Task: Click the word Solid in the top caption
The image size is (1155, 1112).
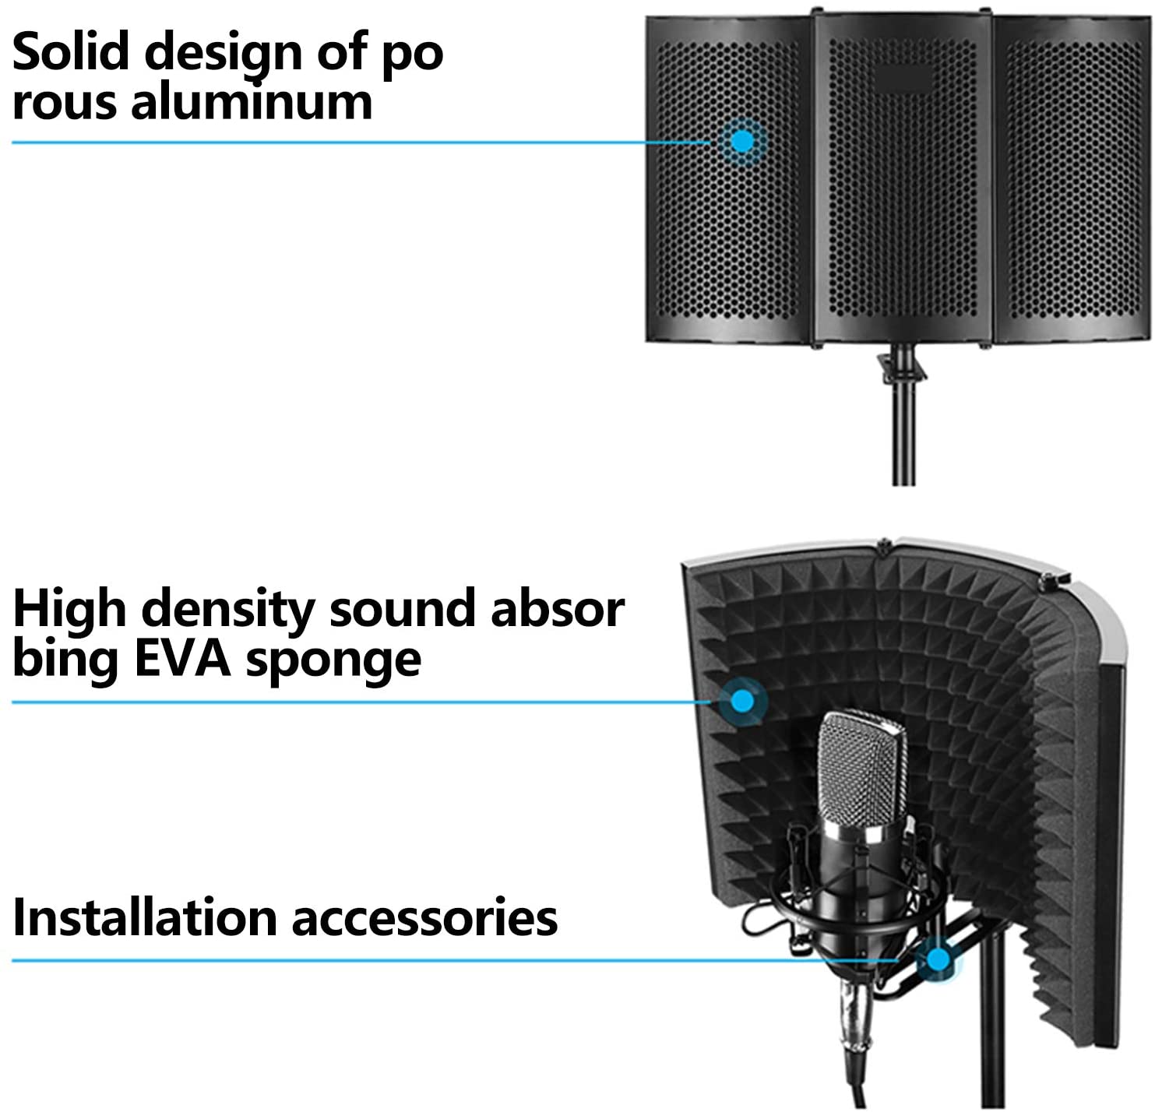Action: click(70, 51)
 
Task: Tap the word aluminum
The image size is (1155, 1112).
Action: click(252, 101)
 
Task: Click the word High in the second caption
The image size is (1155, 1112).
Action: click(69, 610)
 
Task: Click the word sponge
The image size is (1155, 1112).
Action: click(333, 662)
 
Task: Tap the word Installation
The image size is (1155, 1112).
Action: click(145, 917)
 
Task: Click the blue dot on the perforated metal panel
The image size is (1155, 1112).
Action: click(742, 141)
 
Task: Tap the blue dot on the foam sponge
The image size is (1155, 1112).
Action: click(742, 702)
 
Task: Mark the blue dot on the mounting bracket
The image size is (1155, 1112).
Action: click(938, 959)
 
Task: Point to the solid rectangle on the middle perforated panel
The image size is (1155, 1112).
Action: click(903, 78)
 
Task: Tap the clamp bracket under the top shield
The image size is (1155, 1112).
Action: click(902, 366)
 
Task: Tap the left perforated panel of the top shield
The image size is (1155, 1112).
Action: click(729, 179)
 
